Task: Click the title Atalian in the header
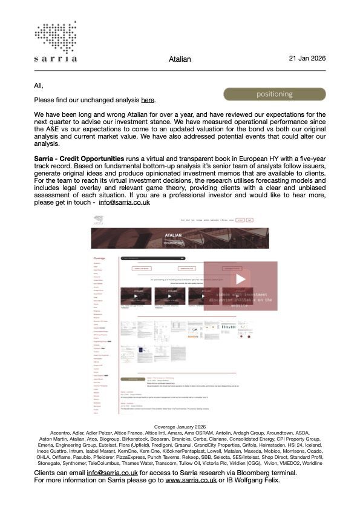180,59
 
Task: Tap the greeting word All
39,85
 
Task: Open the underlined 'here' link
148,100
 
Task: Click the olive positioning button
275,94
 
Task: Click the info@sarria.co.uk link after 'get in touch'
124,202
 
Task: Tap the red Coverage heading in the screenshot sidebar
99,258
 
